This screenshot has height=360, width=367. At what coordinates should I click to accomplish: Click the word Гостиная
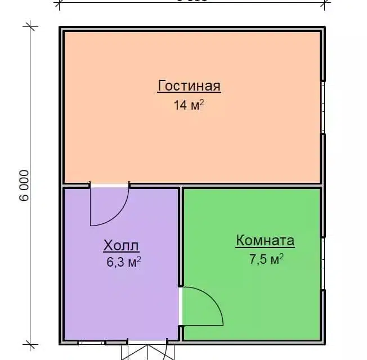pyautogui.click(x=189, y=86)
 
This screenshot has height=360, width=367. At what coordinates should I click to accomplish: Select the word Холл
pyautogui.click(x=121, y=245)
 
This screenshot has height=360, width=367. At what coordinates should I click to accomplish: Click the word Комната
pyautogui.click(x=265, y=241)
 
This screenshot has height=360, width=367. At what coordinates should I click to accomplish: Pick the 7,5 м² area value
pyautogui.click(x=266, y=259)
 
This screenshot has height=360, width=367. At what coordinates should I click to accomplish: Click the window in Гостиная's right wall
pyautogui.click(x=323, y=107)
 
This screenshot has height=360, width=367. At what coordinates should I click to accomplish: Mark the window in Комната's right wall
pyautogui.click(x=323, y=264)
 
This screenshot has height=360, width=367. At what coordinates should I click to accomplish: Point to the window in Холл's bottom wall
pyautogui.click(x=91, y=341)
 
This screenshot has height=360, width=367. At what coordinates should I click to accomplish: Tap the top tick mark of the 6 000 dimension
pyautogui.click(x=30, y=26)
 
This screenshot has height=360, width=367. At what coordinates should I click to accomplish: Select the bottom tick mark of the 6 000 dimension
pyautogui.click(x=30, y=343)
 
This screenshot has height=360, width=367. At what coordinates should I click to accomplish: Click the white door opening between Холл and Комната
pyautogui.click(x=181, y=307)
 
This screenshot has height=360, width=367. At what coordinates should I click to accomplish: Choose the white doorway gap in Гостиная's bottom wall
pyautogui.click(x=110, y=185)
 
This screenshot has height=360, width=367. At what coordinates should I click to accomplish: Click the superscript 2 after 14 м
pyautogui.click(x=201, y=102)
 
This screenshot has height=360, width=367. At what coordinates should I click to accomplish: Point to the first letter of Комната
pyautogui.click(x=240, y=241)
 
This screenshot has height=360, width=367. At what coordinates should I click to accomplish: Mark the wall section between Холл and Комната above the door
pyautogui.click(x=181, y=236)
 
